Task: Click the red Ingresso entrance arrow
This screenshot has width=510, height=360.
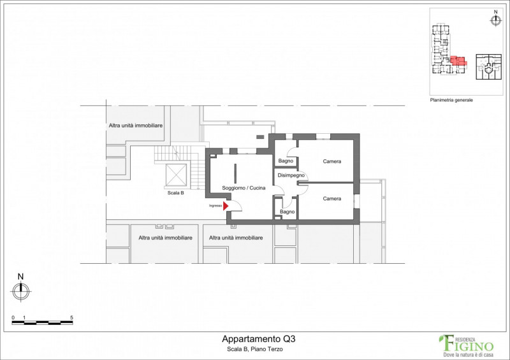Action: point(226,206)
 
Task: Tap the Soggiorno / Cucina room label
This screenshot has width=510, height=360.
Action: point(244,188)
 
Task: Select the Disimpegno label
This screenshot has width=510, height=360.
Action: point(291,175)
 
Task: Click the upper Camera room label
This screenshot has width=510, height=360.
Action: point(332,161)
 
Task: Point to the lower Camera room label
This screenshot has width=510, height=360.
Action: point(332,199)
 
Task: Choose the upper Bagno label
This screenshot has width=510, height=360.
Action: point(286,161)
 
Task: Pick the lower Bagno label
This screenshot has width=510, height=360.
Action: point(288,212)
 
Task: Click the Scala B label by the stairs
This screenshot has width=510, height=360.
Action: point(176,193)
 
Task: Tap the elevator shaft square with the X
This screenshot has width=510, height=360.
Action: point(177,175)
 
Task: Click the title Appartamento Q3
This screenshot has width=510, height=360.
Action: point(259,339)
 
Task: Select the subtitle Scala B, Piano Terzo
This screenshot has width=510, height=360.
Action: point(255,350)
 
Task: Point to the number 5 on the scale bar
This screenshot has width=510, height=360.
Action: point(71,318)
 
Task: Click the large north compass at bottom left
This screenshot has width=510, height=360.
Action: point(21,291)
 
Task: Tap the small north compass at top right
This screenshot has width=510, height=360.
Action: point(495,20)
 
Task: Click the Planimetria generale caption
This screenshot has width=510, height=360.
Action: point(451,100)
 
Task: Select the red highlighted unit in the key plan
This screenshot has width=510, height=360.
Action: point(458,61)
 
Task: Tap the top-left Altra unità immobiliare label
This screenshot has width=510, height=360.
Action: point(136,126)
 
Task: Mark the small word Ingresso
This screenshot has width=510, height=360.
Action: point(215,206)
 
